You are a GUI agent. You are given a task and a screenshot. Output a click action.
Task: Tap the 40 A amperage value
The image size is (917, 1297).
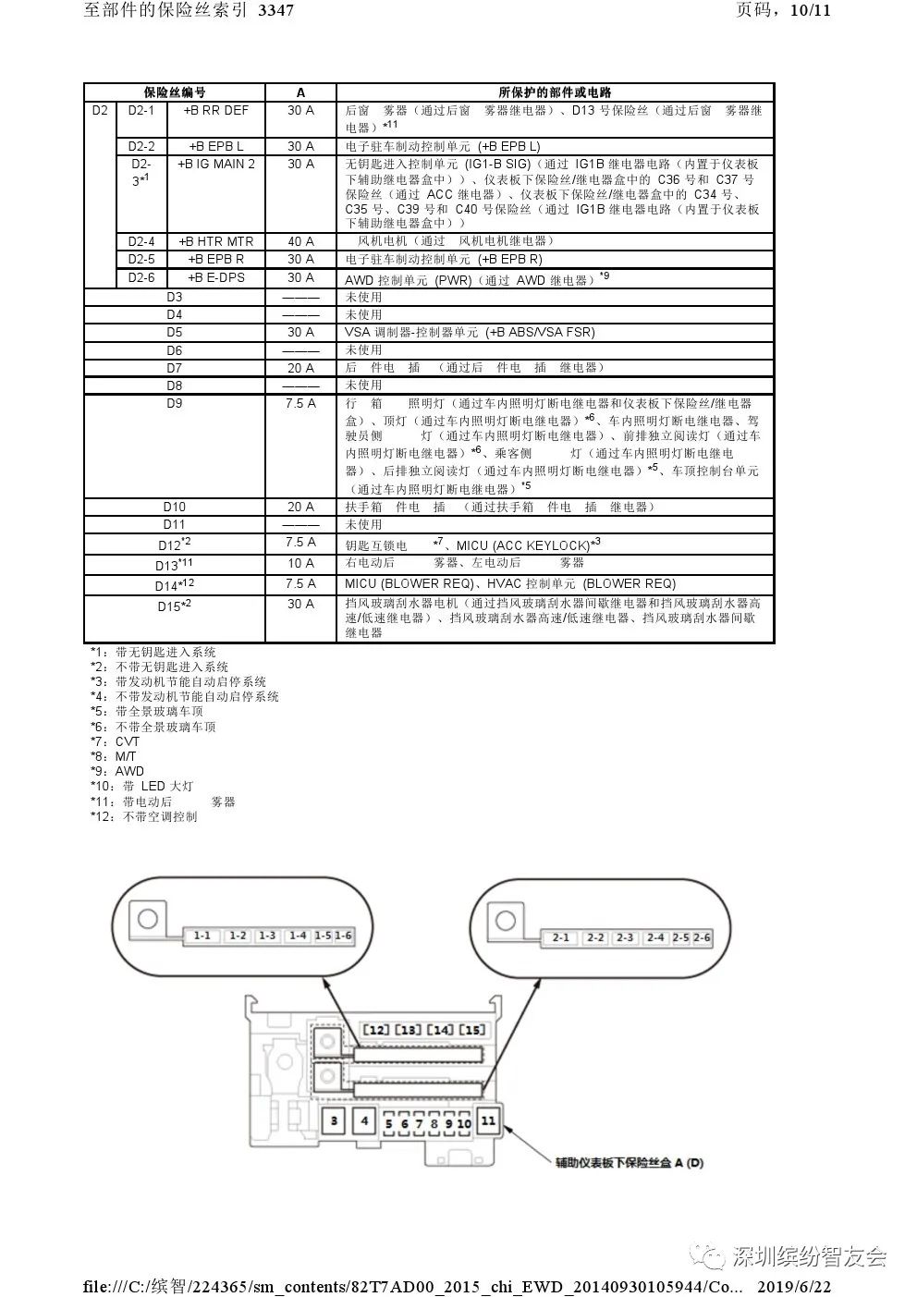pos(300,241)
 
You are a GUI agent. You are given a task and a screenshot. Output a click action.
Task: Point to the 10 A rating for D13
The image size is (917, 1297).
pos(300,563)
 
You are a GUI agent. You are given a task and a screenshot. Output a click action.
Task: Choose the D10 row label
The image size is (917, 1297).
pos(174,507)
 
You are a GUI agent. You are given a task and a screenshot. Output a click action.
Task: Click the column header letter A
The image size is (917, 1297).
pos(300,92)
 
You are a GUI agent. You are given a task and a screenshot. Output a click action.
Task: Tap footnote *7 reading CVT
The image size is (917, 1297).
pos(115,741)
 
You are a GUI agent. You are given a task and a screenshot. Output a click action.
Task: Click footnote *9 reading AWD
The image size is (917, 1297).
pos(116,771)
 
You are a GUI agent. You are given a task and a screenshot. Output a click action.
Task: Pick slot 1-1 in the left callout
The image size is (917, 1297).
pos(202,936)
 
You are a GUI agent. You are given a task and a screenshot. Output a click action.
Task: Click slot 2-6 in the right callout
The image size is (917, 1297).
pos(702,937)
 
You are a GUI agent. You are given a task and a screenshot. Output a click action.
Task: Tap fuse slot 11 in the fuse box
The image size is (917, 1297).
pos(488,1120)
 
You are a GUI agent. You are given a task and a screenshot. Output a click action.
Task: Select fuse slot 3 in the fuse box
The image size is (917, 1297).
pos(334,1121)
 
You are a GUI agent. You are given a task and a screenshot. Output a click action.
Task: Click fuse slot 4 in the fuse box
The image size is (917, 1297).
pos(365,1121)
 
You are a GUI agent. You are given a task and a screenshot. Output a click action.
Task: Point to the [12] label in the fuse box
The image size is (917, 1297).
pos(375,1030)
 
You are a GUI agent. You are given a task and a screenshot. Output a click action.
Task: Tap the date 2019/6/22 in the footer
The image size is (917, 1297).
pos(794,1286)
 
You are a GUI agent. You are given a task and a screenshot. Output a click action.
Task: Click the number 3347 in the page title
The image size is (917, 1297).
pos(276,11)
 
